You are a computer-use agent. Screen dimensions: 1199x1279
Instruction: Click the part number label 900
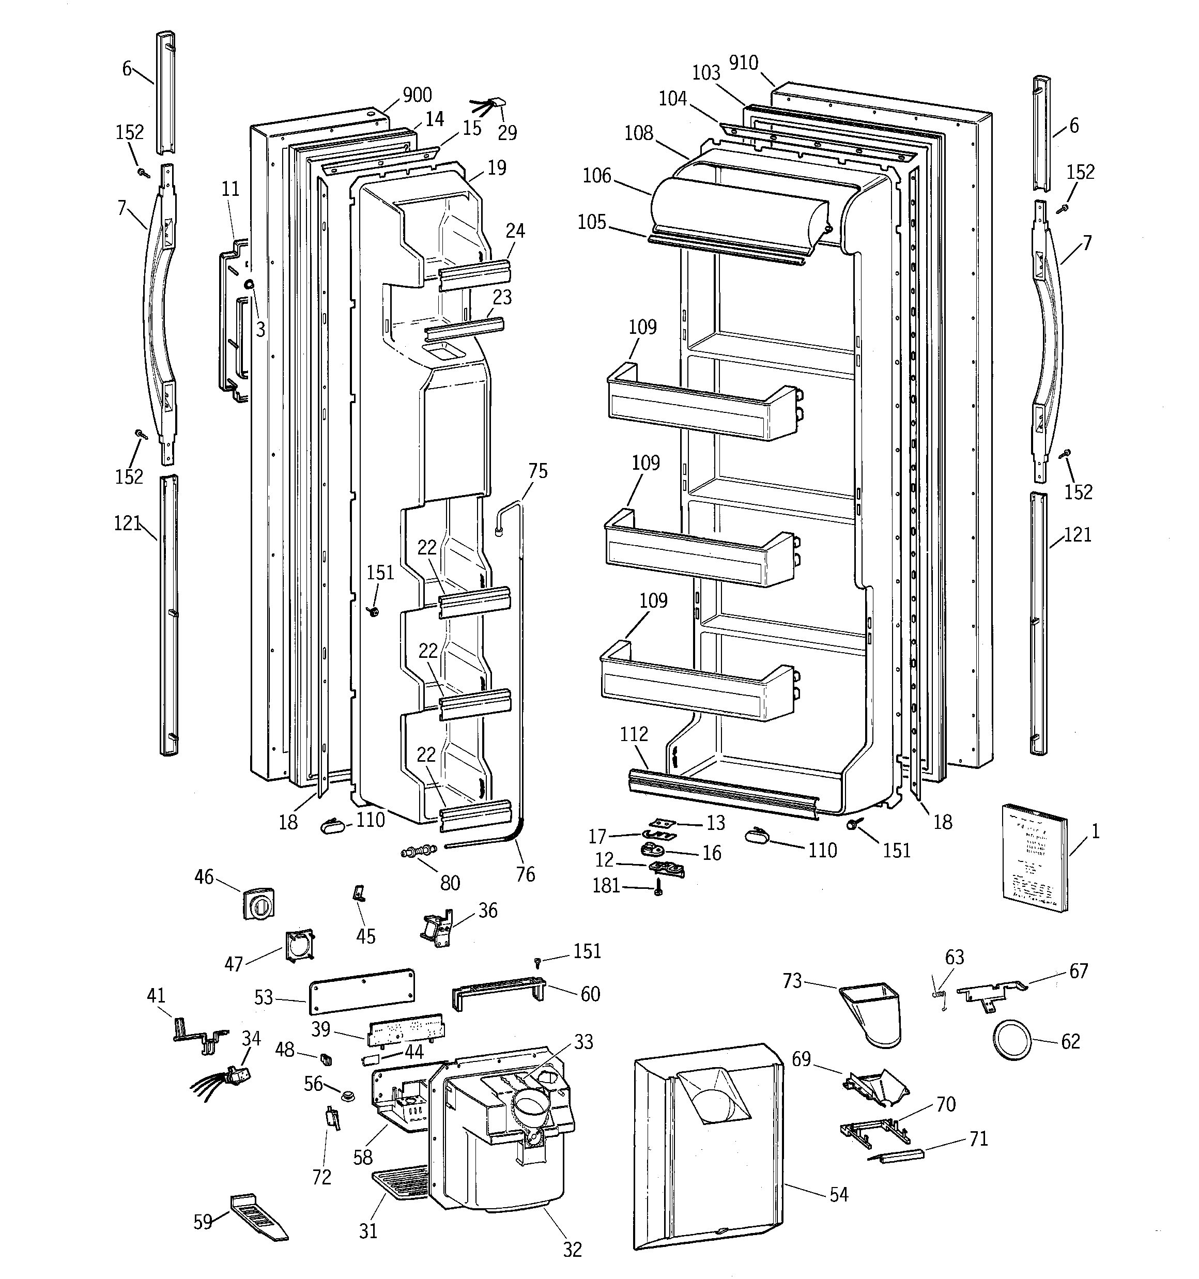417,95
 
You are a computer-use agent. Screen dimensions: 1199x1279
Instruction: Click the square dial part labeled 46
259,904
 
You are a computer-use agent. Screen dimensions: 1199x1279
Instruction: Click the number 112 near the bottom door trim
634,733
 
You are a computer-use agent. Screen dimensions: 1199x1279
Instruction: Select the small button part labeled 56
349,1096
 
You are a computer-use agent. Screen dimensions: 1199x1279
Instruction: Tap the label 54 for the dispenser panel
839,1194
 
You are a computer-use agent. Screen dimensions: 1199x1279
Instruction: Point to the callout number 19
496,168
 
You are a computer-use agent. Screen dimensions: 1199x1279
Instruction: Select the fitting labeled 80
418,852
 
